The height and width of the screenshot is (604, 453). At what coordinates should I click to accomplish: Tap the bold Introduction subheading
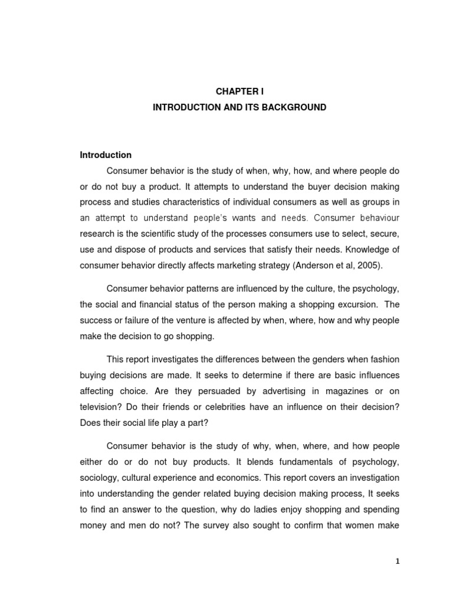tap(106, 155)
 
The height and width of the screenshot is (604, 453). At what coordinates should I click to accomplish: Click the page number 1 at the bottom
tap(398, 562)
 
